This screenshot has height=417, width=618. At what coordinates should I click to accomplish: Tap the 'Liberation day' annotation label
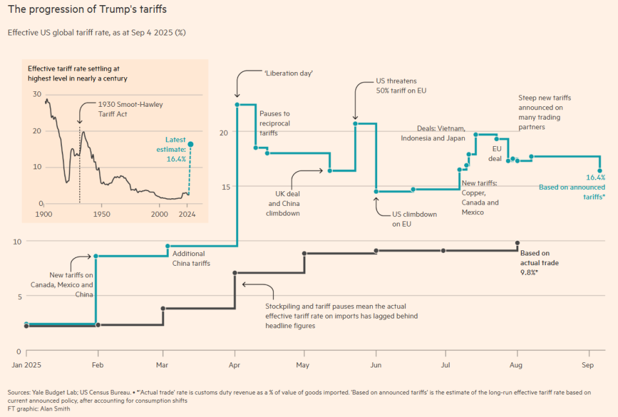288,73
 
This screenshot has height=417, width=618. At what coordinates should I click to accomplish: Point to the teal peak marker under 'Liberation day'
238,104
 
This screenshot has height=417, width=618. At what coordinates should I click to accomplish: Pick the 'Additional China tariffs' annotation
191,259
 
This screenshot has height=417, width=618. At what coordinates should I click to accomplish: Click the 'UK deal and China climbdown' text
284,203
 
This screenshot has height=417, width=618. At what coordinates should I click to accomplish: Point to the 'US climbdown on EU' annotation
415,219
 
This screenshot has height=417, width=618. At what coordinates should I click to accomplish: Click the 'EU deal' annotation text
494,153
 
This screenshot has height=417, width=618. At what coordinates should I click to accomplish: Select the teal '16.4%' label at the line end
595,178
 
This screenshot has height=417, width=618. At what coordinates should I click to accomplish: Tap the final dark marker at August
517,243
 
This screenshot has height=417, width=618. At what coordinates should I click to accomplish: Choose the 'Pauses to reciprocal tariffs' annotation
275,122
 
